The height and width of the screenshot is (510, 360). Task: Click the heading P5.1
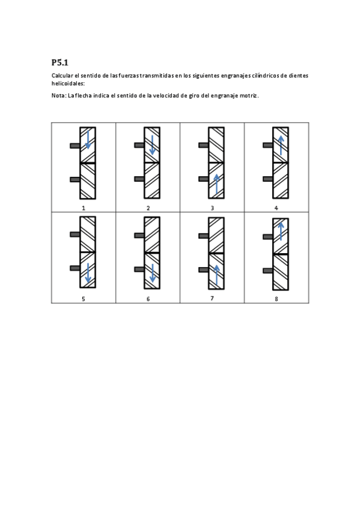tap(60, 62)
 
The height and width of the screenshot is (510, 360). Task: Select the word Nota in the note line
tap(58, 96)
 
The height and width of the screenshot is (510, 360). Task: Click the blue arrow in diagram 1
tap(88, 140)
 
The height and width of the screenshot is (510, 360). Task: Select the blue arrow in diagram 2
tap(153, 145)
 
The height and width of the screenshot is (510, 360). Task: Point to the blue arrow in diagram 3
tap(216, 183)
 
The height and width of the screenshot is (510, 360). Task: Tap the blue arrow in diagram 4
tap(281, 146)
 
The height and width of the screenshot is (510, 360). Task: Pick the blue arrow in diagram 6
tap(153, 273)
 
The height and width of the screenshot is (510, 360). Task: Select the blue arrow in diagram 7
tap(216, 275)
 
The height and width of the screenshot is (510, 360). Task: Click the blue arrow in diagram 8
tap(281, 230)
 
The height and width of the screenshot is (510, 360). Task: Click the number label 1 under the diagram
tap(84, 207)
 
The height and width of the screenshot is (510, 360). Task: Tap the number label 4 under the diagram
tap(276, 207)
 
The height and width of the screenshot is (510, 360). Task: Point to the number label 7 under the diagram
tap(212, 298)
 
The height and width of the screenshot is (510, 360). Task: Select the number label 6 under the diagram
tap(148, 298)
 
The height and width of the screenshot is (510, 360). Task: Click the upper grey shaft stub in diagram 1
tap(75, 146)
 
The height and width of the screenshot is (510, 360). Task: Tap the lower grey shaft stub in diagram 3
tap(204, 179)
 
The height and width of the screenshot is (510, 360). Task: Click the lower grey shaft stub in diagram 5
tap(75, 268)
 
